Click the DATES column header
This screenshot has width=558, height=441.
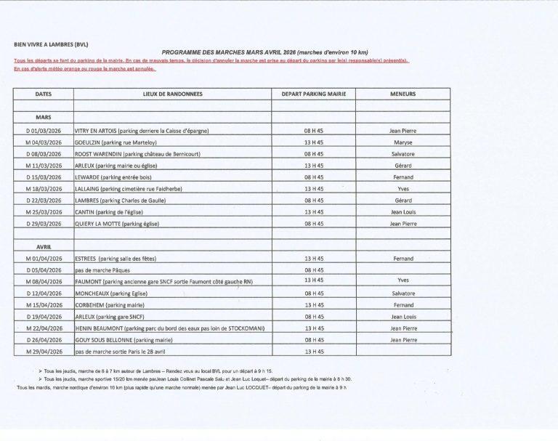[44, 94]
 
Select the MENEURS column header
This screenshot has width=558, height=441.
[403, 94]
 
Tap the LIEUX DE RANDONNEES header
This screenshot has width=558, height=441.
[172, 94]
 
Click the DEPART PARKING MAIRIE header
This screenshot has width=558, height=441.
[314, 94]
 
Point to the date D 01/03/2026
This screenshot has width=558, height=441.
[44, 131]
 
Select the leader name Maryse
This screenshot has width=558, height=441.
[403, 142]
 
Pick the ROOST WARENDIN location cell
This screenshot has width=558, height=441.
[137, 154]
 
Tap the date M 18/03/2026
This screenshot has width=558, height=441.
[44, 189]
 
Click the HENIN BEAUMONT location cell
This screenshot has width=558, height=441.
[170, 328]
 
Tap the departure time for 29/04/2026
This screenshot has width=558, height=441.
[314, 352]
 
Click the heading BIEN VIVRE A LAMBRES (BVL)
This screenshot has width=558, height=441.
[51, 44]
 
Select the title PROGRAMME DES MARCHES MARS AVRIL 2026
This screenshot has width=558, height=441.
[265, 52]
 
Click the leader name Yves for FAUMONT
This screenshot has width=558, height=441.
[403, 280]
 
